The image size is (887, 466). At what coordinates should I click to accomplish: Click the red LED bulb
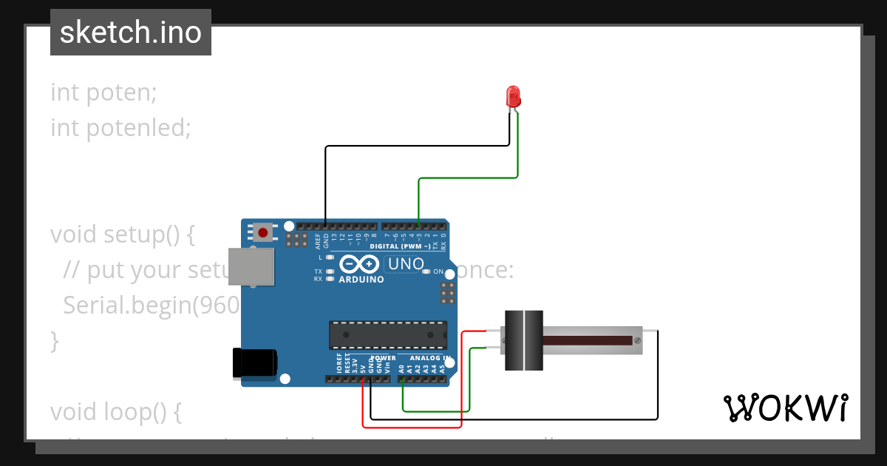[513, 96]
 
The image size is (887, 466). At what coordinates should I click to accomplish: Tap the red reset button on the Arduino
[262, 233]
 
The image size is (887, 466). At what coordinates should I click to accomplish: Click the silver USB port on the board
[251, 267]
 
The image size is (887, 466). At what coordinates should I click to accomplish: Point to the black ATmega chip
[388, 334]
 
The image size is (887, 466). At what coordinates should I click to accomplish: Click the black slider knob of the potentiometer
[524, 340]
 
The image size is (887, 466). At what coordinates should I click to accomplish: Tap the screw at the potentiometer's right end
[636, 340]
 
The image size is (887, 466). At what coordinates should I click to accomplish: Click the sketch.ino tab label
[131, 33]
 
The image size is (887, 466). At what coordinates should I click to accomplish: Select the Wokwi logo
[785, 408]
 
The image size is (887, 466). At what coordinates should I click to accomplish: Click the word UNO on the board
[406, 263]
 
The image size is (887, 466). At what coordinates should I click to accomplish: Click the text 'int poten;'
[103, 93]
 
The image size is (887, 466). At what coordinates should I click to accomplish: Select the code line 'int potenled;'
[120, 129]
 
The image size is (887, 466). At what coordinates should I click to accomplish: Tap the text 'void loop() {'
[115, 411]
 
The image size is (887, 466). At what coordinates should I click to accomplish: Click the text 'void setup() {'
[122, 234]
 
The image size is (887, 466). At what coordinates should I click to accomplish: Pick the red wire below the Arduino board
[411, 427]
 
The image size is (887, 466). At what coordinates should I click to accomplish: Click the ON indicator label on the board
[438, 271]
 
